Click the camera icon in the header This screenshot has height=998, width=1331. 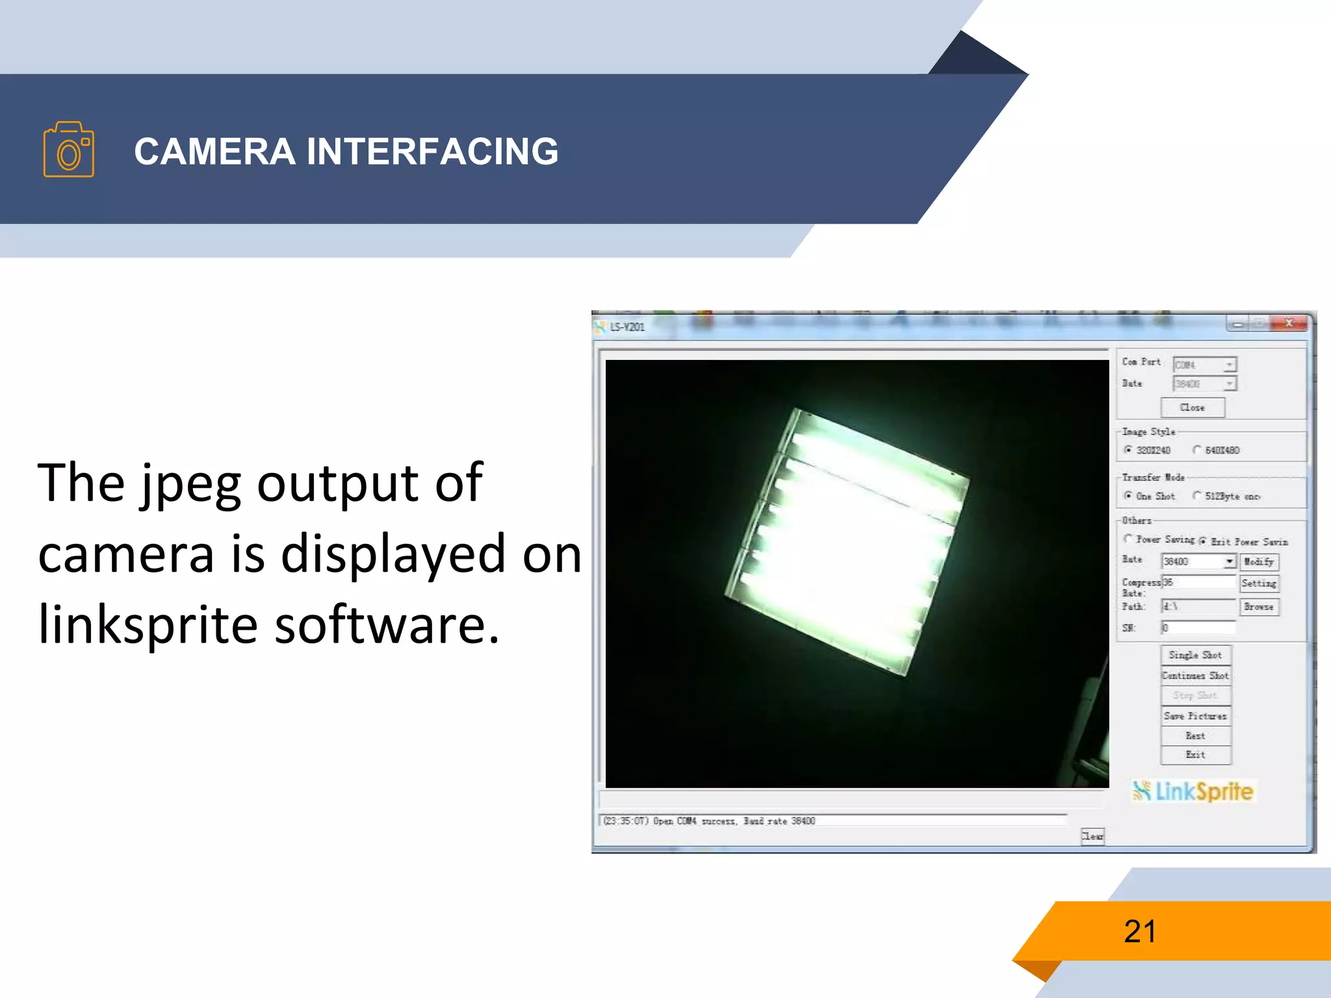click(x=68, y=149)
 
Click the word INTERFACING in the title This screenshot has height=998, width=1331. click(x=432, y=151)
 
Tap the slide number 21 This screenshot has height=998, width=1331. click(x=1140, y=931)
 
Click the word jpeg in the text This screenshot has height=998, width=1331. click(x=191, y=484)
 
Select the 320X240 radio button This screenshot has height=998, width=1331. click(x=1129, y=450)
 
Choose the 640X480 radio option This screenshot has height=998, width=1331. click(x=1197, y=450)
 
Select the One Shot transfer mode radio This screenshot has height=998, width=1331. click(x=1129, y=496)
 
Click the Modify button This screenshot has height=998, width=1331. click(x=1259, y=561)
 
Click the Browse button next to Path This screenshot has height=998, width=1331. click(x=1259, y=607)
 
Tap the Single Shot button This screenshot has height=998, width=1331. click(x=1195, y=655)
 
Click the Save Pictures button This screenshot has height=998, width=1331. click(x=1195, y=716)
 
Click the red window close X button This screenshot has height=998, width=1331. click(x=1289, y=323)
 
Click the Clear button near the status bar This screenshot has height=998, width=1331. click(x=1092, y=836)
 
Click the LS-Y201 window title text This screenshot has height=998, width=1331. click(x=627, y=327)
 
